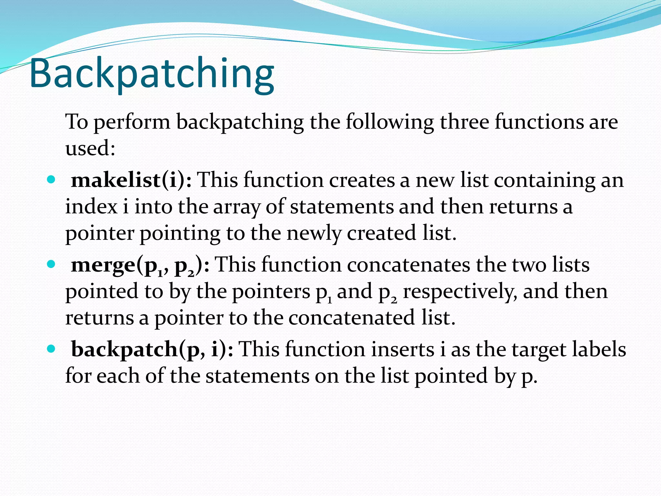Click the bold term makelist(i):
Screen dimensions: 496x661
click(131, 180)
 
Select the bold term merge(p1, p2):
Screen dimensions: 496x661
click(140, 265)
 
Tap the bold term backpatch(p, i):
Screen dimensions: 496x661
click(152, 349)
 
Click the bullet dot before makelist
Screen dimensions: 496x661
click(51, 179)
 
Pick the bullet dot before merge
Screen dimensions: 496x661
click(51, 264)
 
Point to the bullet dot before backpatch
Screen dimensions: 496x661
click(51, 349)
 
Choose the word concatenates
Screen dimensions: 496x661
click(409, 265)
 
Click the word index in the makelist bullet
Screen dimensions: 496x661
click(91, 207)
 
